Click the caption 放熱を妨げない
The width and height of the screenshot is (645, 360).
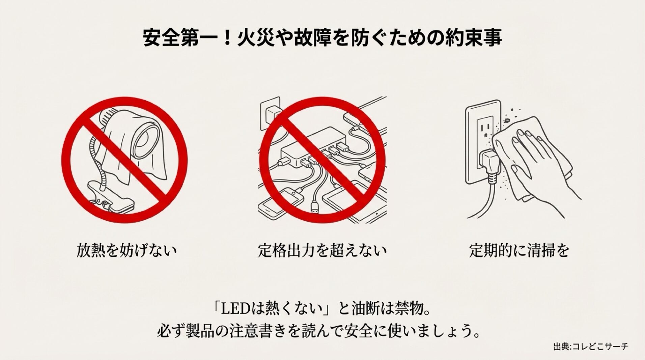[127, 251]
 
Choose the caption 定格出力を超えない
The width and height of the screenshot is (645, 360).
[322, 251]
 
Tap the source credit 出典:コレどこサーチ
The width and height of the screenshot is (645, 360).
[591, 347]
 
